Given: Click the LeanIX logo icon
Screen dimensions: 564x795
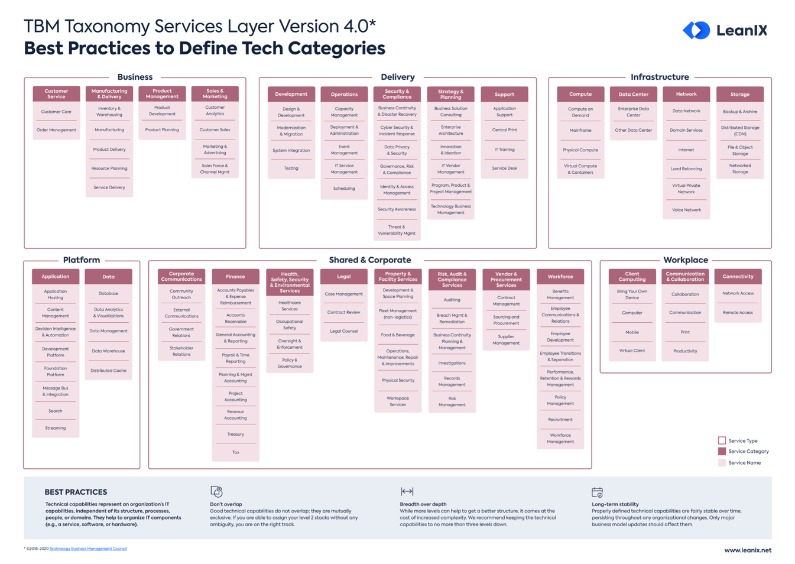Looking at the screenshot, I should pos(696,30).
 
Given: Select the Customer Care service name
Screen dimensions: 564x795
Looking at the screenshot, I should pos(56,112).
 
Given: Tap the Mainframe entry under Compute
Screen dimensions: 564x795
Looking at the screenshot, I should pos(580,131).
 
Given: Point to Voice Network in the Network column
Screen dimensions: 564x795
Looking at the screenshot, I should pos(686,210).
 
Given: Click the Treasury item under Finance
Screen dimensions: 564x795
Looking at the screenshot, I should pos(235,435).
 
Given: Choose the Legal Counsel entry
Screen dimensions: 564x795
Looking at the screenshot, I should pos(343,331).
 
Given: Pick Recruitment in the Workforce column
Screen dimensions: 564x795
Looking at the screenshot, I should pos(560,420).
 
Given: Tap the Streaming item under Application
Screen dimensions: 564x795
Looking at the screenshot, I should pos(56,428).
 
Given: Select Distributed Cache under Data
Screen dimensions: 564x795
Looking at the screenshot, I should pos(108,371).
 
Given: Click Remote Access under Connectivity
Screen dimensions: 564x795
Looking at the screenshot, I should pos(738,313).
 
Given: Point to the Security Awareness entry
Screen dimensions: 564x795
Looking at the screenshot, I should pos(397,209).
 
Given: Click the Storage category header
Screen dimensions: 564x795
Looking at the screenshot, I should pos(739,95).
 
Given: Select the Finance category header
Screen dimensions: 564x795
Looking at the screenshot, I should pos(235,277).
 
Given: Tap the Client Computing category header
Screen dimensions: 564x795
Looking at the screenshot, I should pos(632,277).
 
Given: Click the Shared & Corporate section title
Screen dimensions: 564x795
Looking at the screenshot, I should pos(369,260).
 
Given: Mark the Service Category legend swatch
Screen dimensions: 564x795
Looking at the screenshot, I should pos(722,452).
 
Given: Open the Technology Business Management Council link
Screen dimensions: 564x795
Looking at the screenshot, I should pos(88,549).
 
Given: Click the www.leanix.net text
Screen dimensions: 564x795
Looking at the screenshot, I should pos(747,550).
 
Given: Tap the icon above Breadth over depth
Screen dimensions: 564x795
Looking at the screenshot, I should pos(407,492).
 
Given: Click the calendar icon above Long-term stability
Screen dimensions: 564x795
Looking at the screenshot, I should pos(597,492).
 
